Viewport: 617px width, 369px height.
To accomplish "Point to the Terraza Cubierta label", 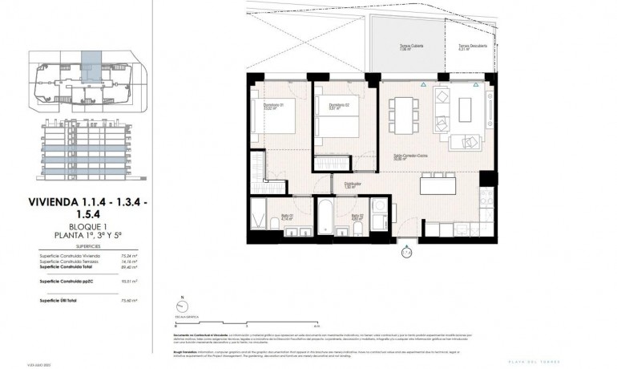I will coord(412,46).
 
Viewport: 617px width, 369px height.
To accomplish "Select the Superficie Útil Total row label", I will coord(59,299).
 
